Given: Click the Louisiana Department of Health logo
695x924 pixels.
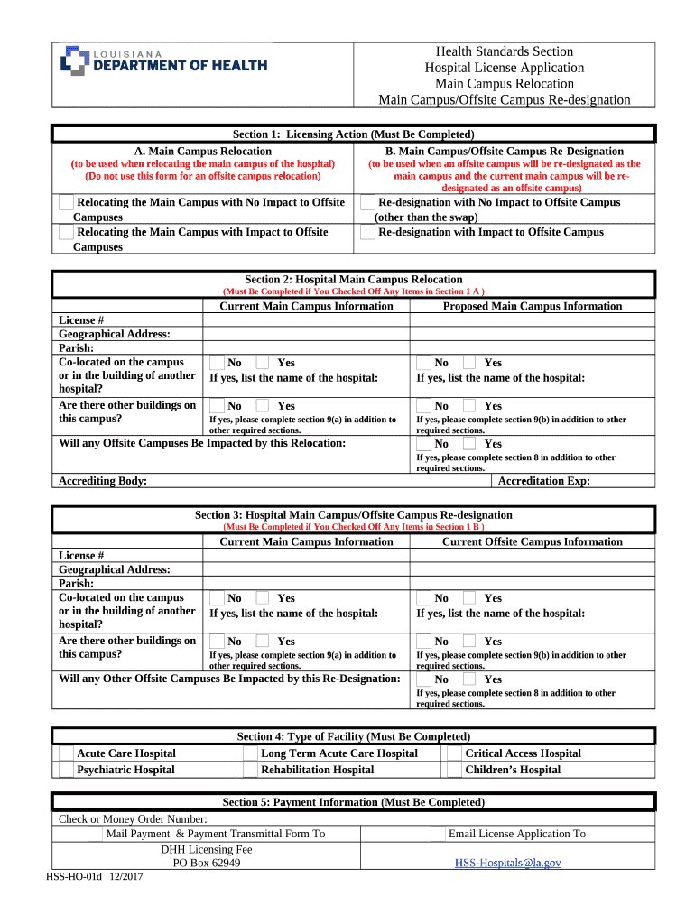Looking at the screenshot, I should click(x=163, y=60).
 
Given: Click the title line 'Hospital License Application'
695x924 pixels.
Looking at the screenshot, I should click(x=505, y=68).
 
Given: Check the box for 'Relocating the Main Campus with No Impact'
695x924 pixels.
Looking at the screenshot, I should click(x=66, y=203).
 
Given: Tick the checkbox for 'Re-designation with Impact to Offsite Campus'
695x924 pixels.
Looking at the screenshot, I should click(x=367, y=232).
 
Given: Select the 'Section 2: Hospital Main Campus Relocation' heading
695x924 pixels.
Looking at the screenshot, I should click(x=353, y=280).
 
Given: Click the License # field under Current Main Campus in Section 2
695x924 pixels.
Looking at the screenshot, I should click(x=306, y=320).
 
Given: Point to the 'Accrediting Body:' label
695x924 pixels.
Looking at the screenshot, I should click(x=102, y=481).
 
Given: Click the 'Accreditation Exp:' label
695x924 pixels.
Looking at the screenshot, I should click(x=544, y=481).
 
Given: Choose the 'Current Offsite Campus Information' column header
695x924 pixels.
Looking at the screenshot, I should click(x=533, y=541).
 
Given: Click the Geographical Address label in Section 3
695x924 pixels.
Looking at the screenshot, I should click(x=115, y=569).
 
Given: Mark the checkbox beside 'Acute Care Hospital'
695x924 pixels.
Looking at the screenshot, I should click(x=66, y=753).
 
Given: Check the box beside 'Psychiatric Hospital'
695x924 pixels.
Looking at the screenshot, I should click(x=66, y=770).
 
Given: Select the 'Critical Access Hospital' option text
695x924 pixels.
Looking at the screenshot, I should click(x=523, y=753).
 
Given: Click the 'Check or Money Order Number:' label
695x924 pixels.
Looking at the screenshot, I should click(x=133, y=818).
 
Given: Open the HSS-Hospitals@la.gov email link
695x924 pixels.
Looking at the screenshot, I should click(x=506, y=863).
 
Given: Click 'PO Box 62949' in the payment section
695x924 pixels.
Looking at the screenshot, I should click(x=207, y=863).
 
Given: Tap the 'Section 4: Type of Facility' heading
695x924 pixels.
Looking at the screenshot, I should click(x=353, y=736).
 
